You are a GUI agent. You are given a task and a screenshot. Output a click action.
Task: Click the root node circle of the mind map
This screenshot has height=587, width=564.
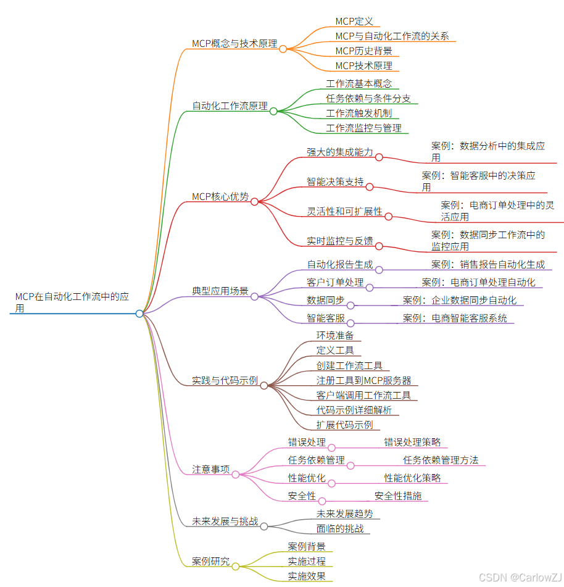point(139,314)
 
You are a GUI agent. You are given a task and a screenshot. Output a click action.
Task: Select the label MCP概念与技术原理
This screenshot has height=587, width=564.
point(234,43)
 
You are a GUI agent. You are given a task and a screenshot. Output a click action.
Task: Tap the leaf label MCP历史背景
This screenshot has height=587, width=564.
point(363,51)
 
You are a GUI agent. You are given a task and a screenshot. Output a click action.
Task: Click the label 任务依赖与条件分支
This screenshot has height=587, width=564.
point(368,98)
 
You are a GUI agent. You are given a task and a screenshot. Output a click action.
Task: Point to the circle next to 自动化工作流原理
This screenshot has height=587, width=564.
point(273,111)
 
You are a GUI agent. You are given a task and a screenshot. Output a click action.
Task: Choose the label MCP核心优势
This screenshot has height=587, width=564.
point(220,197)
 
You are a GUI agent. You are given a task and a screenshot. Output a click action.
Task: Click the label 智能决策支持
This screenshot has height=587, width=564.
point(335,181)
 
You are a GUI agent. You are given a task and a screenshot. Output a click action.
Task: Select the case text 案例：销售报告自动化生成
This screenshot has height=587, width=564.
point(487,265)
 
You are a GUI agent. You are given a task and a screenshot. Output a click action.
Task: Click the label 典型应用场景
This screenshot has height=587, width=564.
point(220,291)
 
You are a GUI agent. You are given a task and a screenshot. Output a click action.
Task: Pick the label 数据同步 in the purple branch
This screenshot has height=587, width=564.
point(326,300)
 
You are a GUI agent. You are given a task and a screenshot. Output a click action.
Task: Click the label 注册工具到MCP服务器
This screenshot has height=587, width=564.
point(363,380)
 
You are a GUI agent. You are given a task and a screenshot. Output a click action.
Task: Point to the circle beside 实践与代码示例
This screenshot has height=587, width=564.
point(263,385)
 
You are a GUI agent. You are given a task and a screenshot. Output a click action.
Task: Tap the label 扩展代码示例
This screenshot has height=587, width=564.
point(344,425)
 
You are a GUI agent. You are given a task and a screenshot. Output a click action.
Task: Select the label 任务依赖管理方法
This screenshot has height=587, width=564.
point(441,460)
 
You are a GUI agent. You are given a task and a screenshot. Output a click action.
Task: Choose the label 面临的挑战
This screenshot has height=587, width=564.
point(340,528)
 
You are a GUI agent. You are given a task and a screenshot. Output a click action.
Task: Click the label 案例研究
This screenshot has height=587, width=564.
point(210,562)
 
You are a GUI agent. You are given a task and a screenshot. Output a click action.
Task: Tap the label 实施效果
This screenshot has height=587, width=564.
point(307,577)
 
